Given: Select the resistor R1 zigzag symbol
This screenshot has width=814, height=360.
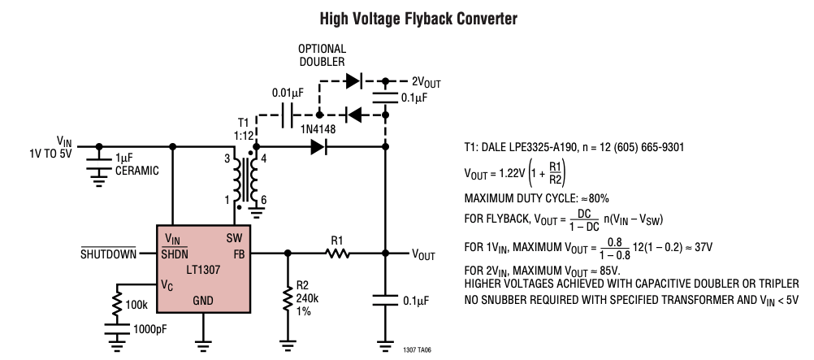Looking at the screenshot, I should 337,254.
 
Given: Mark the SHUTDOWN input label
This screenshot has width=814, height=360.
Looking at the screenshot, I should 108,254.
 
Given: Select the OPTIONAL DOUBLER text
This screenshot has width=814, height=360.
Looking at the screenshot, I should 323,55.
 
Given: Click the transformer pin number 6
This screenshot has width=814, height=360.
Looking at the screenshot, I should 264,201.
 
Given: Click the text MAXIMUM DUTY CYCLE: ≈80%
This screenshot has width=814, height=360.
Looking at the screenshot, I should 536,198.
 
